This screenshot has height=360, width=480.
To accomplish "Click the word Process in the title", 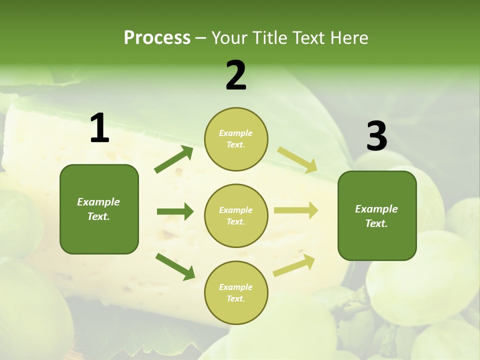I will pyautogui.click(x=157, y=38).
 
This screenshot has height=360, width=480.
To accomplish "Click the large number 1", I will pyautogui.click(x=99, y=128).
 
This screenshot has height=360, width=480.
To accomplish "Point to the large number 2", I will pyautogui.click(x=236, y=75).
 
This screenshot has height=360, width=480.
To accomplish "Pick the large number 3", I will pyautogui.click(x=376, y=136).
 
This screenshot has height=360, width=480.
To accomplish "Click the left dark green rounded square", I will pyautogui.click(x=99, y=209).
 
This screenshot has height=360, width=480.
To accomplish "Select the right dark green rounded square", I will pyautogui.click(x=377, y=216).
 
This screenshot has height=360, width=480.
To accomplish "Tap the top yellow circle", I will pyautogui.click(x=236, y=139).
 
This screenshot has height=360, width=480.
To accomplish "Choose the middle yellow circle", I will pyautogui.click(x=236, y=215).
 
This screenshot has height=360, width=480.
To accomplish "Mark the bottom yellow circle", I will pyautogui.click(x=236, y=292).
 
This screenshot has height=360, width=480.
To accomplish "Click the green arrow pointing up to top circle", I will pyautogui.click(x=174, y=159).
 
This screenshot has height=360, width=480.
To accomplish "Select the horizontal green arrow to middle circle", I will pyautogui.click(x=175, y=211).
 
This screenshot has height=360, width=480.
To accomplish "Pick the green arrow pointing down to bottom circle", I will pyautogui.click(x=175, y=266).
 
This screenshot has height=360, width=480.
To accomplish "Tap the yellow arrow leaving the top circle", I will pyautogui.click(x=297, y=160).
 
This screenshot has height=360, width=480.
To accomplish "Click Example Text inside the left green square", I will pyautogui.click(x=98, y=209).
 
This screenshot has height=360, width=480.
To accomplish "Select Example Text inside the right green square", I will pyautogui.click(x=376, y=216).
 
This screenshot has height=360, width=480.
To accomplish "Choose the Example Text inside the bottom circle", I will pyautogui.click(x=235, y=292).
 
